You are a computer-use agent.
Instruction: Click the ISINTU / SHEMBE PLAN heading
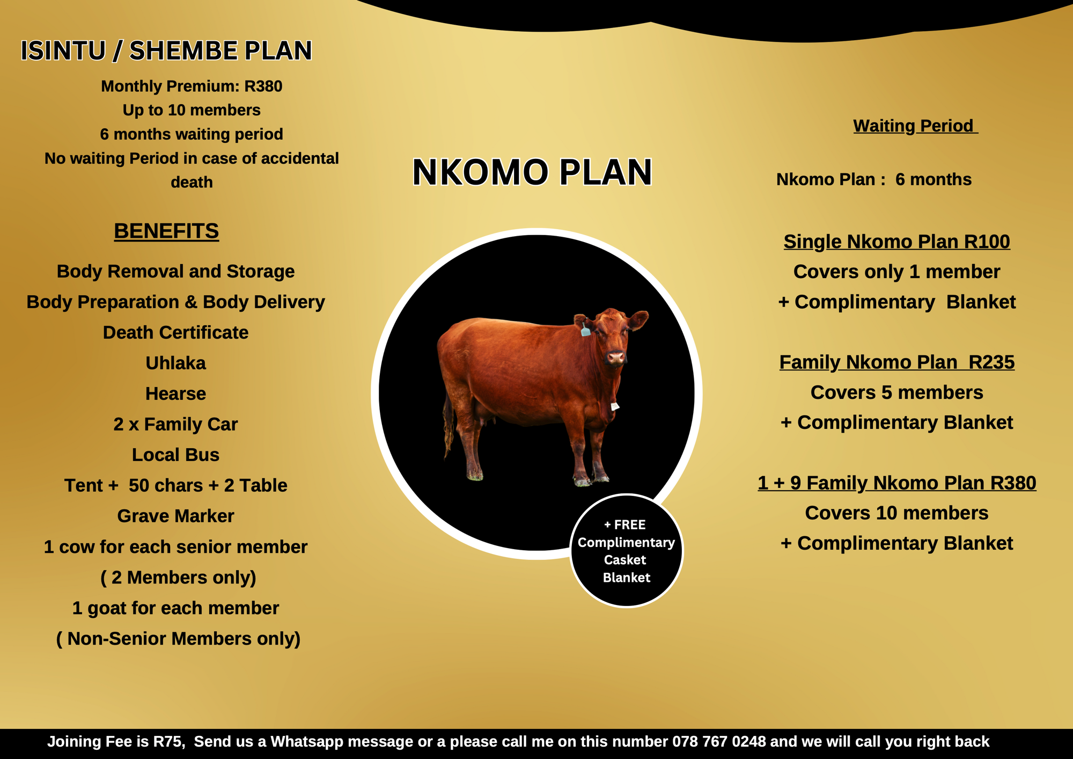click(166, 51)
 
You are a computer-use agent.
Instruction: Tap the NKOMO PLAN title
click(532, 172)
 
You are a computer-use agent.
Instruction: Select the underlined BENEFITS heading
click(166, 231)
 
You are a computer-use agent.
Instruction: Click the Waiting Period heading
click(915, 126)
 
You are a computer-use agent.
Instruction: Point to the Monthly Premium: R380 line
click(192, 86)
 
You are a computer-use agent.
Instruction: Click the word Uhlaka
click(175, 363)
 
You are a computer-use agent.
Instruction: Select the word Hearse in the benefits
click(175, 394)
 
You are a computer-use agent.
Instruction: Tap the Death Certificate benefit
click(175, 333)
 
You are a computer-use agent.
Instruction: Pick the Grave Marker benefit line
click(175, 516)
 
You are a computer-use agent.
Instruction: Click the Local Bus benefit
click(175, 455)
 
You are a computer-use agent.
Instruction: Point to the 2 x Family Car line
click(175, 425)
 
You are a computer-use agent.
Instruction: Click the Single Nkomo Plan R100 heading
click(896, 242)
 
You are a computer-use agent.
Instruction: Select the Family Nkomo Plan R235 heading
click(896, 362)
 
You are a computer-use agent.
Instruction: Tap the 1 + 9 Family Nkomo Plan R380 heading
click(896, 483)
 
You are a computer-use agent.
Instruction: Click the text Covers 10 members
click(896, 513)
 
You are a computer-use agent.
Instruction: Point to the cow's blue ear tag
click(585, 330)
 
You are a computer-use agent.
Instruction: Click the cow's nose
click(615, 357)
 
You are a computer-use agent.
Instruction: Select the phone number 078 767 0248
click(719, 742)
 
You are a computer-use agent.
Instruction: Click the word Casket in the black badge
click(625, 560)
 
